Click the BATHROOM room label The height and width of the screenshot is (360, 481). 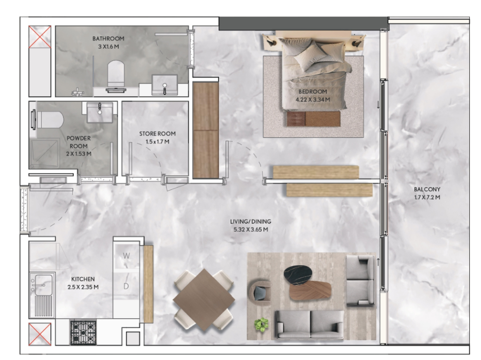click(109, 39)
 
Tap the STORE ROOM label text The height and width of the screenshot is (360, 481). click(157, 134)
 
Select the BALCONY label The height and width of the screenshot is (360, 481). click(427, 189)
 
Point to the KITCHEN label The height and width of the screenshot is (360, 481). click(83, 279)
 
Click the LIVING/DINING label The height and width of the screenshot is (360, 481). click(251, 221)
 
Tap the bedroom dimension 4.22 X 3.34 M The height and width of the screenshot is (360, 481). click(313, 100)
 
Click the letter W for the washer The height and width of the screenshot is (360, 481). click(126, 256)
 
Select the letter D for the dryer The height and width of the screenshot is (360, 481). click(126, 286)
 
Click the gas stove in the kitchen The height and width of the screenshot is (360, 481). click(83, 332)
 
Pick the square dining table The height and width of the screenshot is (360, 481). click(204, 300)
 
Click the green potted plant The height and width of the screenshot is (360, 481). click(261, 325)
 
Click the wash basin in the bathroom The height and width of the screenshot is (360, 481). click(165, 85)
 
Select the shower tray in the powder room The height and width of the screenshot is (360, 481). click(45, 154)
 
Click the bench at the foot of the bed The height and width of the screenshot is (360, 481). click(313, 119)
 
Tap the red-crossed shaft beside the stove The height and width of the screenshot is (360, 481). click(40, 334)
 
